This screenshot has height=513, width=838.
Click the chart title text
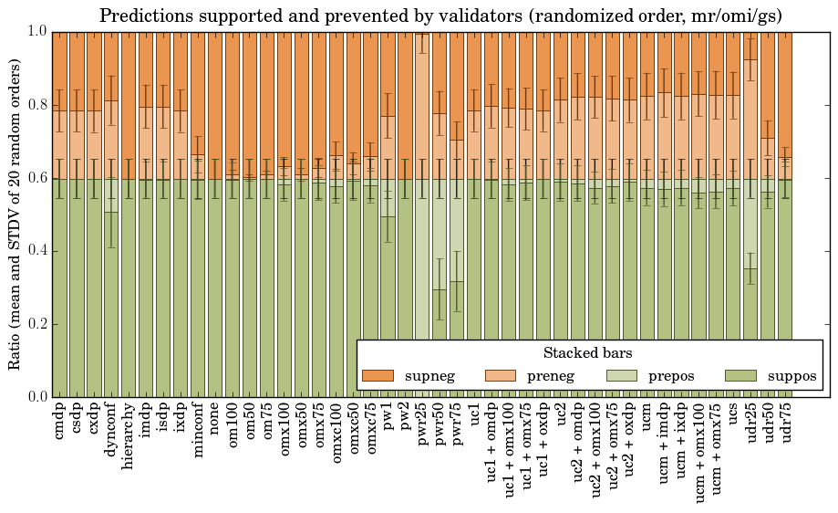pos(440,16)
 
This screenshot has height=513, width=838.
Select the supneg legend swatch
pos(378,375)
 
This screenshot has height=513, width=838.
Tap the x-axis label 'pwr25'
pos(423,424)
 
